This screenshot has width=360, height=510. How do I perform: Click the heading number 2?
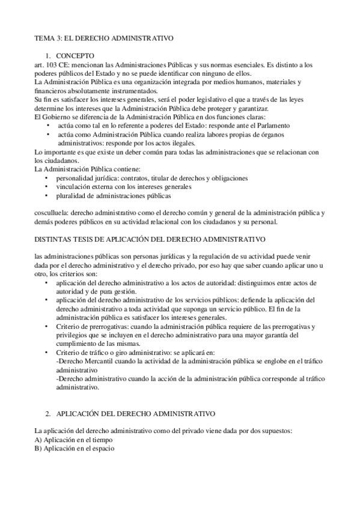[48, 414]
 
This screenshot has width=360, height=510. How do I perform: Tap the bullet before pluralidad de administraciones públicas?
[47, 196]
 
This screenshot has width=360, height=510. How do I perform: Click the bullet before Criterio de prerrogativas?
[47, 326]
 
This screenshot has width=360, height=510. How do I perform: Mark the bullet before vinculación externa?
[47, 188]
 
